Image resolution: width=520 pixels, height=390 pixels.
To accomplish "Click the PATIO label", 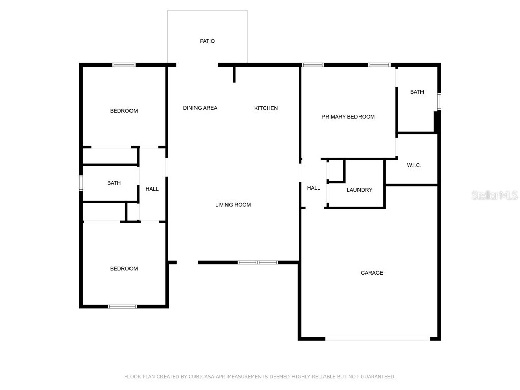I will coord(207,41).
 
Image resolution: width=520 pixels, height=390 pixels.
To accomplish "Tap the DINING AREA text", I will coord(200,108).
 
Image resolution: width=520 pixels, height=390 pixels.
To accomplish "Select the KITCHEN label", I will coord(266,108).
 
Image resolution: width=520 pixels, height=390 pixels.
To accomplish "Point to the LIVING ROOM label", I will coord(233,205).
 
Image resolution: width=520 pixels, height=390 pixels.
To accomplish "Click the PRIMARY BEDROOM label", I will coord(348,117).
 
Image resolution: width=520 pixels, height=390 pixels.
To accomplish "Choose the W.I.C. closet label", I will coord(414,166).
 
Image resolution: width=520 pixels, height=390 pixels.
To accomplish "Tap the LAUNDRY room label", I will coord(360,190).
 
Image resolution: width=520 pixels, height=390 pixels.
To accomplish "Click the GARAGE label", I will coord(372,273).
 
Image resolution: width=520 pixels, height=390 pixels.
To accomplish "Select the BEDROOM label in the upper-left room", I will coord(124,111).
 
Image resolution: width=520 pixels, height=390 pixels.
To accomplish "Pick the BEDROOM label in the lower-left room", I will coord(124,269).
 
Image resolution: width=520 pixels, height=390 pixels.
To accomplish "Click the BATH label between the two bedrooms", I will coord(114,183).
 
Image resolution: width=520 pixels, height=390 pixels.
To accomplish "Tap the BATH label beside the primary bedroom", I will coord(417,92).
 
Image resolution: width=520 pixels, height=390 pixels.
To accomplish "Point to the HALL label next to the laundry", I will coord(314,188).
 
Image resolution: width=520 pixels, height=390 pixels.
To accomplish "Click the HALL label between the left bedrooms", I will coord(152,189).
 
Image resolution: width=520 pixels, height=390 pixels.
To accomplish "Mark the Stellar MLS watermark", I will coord(495,195).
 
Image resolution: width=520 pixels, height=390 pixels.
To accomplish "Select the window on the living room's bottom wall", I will coord(258,262).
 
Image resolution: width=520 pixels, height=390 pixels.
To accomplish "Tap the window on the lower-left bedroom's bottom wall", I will coord(122,306).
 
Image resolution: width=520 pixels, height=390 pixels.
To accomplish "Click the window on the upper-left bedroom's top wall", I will coord(124,64).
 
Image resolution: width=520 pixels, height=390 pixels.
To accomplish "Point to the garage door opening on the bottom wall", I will coord(377,338).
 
